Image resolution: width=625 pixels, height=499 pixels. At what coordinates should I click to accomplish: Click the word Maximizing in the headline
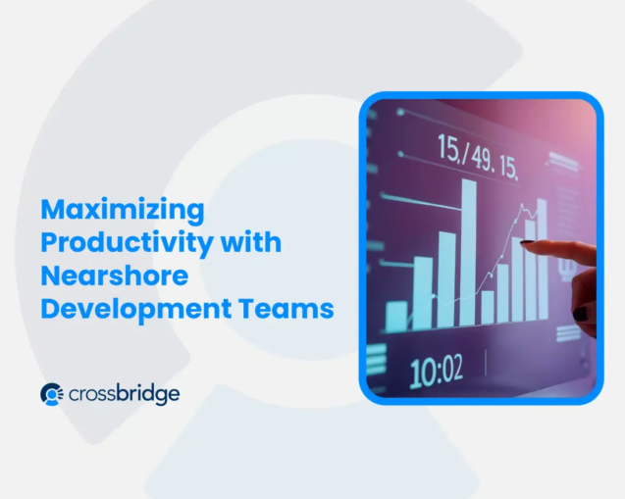(x=122, y=209)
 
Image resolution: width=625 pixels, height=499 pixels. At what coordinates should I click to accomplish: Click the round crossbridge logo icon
(x=52, y=394)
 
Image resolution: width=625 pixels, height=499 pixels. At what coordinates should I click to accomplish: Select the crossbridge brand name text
(x=125, y=394)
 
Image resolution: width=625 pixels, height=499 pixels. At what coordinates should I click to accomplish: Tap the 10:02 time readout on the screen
(x=436, y=372)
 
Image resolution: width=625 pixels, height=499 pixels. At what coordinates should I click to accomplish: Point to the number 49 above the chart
(x=481, y=154)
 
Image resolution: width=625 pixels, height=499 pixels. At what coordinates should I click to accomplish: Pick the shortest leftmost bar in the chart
(x=396, y=316)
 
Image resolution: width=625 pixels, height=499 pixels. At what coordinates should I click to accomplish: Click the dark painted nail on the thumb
(x=581, y=315)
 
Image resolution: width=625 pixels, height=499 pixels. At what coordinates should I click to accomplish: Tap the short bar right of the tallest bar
(x=488, y=306)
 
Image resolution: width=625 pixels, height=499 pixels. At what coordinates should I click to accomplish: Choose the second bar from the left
(x=423, y=291)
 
